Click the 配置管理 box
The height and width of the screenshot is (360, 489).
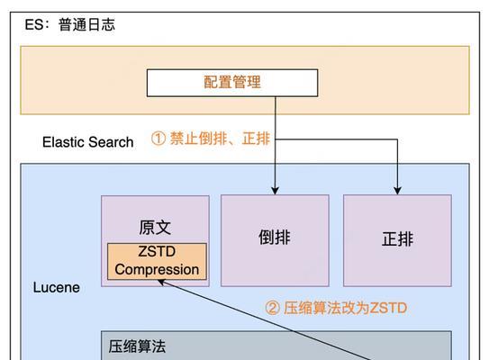pyautogui.click(x=232, y=83)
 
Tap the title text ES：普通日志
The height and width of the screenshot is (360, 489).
pyautogui.click(x=70, y=24)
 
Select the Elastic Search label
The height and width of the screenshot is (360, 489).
pyautogui.click(x=88, y=142)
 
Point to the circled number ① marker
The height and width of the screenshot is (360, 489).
pyautogui.click(x=158, y=139)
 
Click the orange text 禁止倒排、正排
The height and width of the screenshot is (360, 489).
pyautogui.click(x=220, y=139)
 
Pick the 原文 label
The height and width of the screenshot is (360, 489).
pyautogui.click(x=155, y=228)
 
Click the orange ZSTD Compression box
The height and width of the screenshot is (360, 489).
pyautogui.click(x=157, y=261)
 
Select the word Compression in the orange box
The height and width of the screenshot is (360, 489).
pyautogui.click(x=157, y=270)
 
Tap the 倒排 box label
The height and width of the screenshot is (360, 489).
pyautogui.click(x=275, y=238)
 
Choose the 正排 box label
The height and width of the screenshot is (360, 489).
pyautogui.click(x=398, y=239)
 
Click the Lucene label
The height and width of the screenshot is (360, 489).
pyautogui.click(x=57, y=287)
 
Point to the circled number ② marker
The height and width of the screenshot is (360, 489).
pyautogui.click(x=272, y=309)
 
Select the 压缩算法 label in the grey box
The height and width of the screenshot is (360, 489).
pyautogui.click(x=137, y=346)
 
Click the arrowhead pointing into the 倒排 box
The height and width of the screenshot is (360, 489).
pyautogui.click(x=275, y=191)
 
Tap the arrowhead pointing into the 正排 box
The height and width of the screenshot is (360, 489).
pyautogui.click(x=397, y=191)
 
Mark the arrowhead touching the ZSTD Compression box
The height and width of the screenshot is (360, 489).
pyautogui.click(x=161, y=283)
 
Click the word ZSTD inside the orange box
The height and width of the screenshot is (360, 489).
pyautogui.click(x=157, y=251)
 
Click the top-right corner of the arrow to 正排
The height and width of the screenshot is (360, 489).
pyautogui.click(x=397, y=139)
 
